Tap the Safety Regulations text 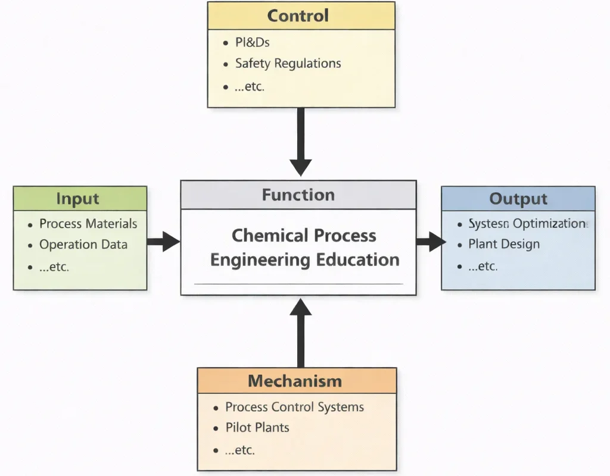click(x=288, y=63)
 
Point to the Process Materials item click(x=88, y=224)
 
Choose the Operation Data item click(x=83, y=245)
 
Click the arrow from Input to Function click(x=163, y=242)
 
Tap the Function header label click(x=298, y=195)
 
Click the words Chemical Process click(x=304, y=236)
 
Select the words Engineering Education click(x=305, y=260)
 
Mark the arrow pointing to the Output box click(x=430, y=242)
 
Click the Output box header click(x=518, y=199)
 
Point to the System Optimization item click(x=527, y=224)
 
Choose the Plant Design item click(x=503, y=244)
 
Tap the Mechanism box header click(x=295, y=381)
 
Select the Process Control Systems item click(x=294, y=408)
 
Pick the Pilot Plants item click(x=257, y=427)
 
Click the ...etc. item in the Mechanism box click(x=240, y=450)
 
